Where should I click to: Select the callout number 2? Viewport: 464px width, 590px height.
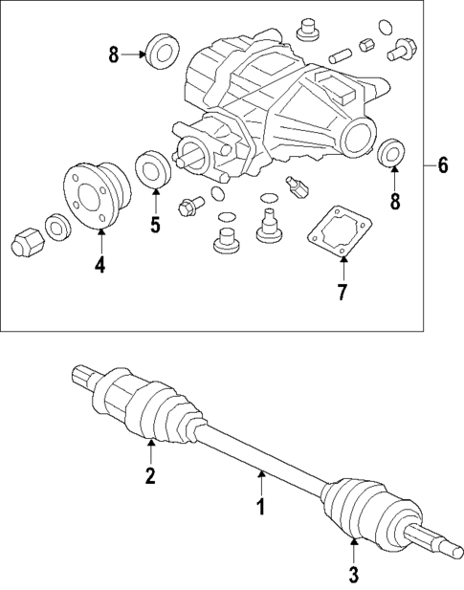tap(150, 475)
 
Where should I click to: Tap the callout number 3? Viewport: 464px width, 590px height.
tap(353, 575)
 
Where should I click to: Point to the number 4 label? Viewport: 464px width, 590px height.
tap(99, 265)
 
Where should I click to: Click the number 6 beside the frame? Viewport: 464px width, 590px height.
tap(442, 164)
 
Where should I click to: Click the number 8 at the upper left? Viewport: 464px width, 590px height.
tap(114, 55)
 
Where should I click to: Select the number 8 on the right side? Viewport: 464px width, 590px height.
tap(393, 203)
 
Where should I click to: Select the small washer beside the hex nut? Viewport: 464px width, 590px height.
tap(56, 227)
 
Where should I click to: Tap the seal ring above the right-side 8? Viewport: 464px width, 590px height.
tap(393, 153)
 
